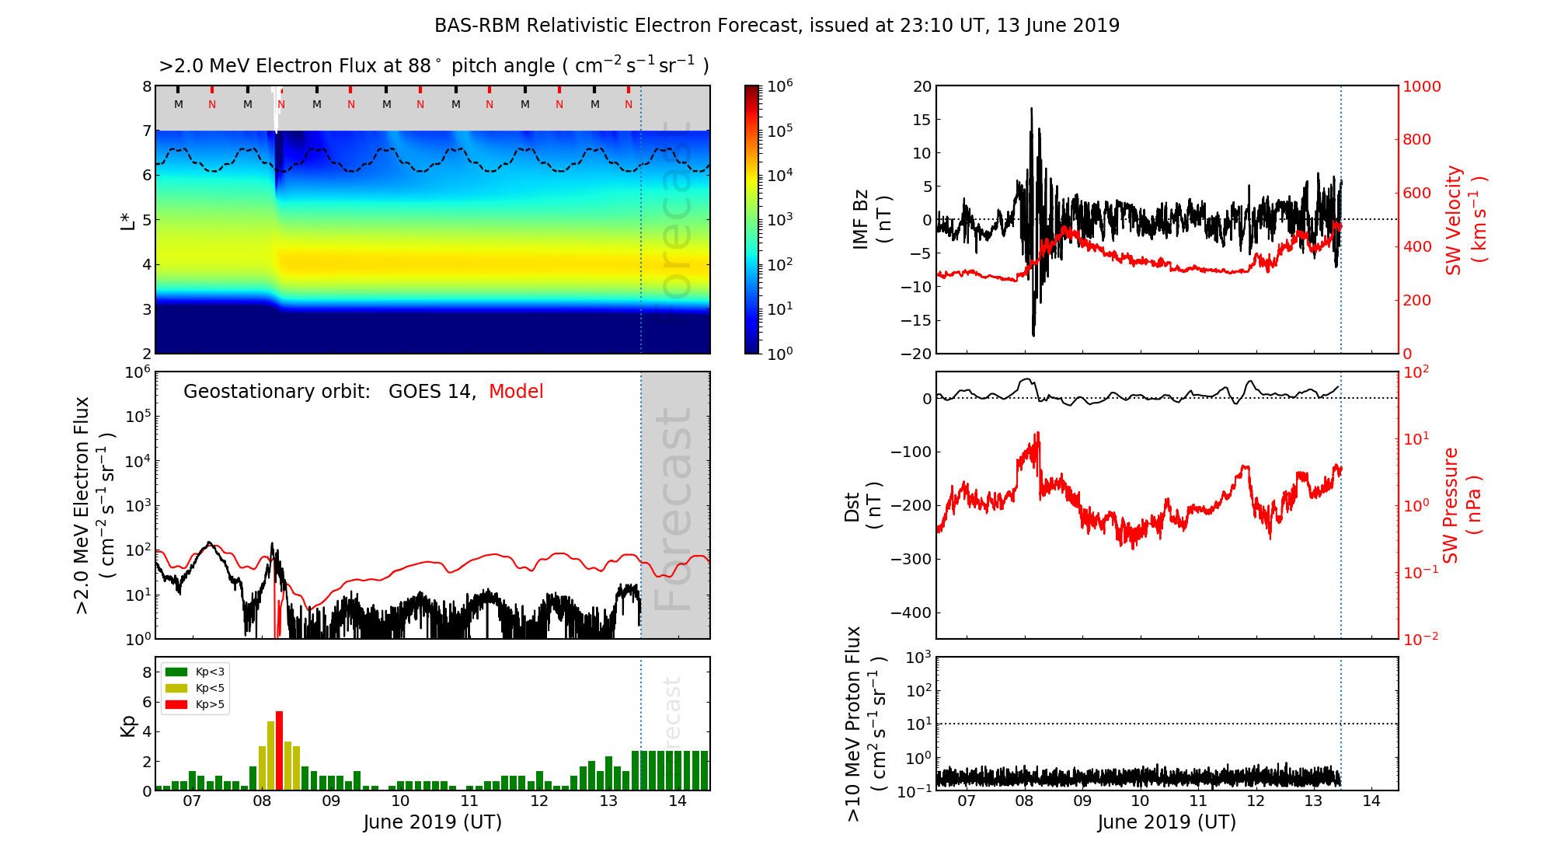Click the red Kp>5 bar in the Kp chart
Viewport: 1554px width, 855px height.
tap(279, 750)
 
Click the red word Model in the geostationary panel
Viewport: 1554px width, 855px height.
tap(516, 392)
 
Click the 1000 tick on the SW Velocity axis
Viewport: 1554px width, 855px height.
tap(1421, 86)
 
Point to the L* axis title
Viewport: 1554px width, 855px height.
tap(127, 220)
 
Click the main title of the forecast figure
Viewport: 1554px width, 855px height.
tap(777, 26)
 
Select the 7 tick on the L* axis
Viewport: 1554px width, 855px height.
tap(147, 131)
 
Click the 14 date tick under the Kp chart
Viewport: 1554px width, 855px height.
tap(677, 801)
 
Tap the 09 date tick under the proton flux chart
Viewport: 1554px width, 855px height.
tap(1082, 801)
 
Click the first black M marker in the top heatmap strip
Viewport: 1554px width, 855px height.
tap(179, 104)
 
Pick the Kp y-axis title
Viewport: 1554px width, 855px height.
tap(128, 726)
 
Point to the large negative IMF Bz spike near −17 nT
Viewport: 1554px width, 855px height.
tap(1033, 333)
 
